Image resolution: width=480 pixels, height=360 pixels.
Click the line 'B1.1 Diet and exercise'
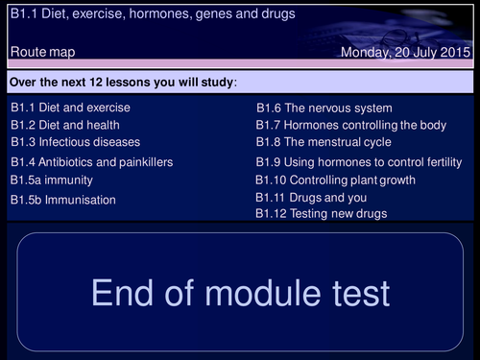pos(70,108)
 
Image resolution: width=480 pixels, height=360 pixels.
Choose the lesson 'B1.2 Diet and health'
pos(64,125)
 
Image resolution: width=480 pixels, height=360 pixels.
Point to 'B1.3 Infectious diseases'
pos(74,142)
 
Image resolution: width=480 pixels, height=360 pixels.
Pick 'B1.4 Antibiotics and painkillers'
pos(92,162)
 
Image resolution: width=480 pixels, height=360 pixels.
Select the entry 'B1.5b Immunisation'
pos(63,200)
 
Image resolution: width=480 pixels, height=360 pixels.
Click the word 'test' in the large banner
pos(354,292)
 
